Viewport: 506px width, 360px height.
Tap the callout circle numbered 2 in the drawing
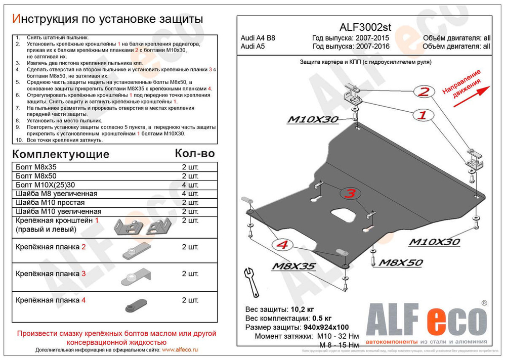click(x=424, y=91)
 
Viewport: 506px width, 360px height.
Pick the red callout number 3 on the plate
click(x=349, y=193)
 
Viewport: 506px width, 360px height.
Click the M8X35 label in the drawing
click(x=295, y=266)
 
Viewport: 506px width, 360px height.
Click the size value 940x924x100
click(x=329, y=327)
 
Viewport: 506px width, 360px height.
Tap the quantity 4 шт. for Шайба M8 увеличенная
click(x=190, y=194)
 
